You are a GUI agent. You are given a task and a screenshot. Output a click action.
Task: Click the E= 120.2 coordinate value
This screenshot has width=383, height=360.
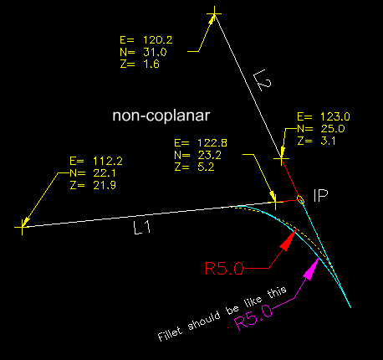coord(147,39)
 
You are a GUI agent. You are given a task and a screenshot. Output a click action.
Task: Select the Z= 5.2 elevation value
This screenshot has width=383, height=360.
coord(191,167)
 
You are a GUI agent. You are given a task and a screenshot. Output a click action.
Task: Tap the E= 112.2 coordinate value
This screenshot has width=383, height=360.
coord(97,160)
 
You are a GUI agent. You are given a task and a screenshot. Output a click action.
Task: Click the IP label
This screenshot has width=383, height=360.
coord(320,195)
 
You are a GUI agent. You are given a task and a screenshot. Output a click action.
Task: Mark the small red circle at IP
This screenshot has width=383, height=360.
coord(300,198)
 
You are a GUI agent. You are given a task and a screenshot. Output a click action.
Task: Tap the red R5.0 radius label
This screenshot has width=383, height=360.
coord(223,269)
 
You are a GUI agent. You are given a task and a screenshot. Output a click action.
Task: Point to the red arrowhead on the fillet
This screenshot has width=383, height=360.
coord(288,240)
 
